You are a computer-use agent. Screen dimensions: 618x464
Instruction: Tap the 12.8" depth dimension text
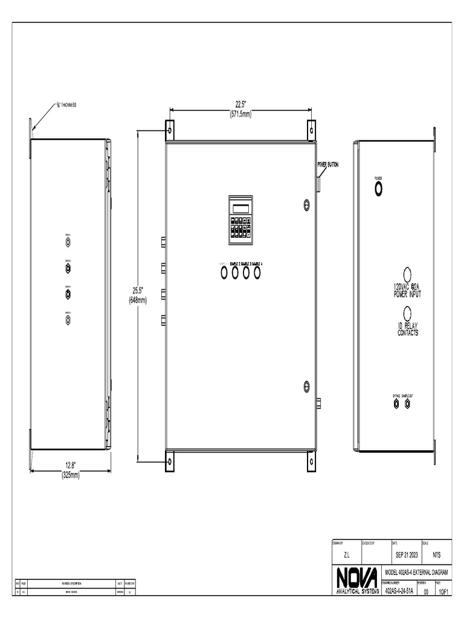tap(70, 465)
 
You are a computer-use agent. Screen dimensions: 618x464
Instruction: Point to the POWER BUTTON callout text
tap(329, 164)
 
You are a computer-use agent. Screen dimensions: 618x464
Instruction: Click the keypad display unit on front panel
tap(240, 220)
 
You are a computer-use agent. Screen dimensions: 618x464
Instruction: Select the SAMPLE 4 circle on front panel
tap(258, 273)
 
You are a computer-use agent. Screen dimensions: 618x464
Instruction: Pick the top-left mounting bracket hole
tap(170, 129)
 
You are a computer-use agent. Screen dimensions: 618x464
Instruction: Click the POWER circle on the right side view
tap(379, 188)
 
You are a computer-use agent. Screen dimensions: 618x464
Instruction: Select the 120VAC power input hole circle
tap(407, 273)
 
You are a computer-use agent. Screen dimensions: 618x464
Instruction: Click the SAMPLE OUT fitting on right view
tap(408, 403)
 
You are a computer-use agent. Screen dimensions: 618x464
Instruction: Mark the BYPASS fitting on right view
tap(396, 403)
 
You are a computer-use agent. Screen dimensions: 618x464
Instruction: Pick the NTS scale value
tap(436, 554)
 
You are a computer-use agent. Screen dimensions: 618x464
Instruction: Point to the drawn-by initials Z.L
tap(346, 554)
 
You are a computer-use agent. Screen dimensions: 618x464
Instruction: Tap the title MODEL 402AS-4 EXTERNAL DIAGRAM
tap(417, 571)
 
